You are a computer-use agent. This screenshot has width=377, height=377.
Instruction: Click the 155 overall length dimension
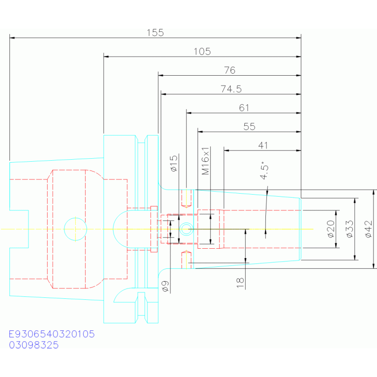[155, 33]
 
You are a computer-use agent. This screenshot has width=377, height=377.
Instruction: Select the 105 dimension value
[202, 52]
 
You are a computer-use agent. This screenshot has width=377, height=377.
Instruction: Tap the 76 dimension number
[230, 70]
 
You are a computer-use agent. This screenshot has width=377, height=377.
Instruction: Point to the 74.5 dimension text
[231, 89]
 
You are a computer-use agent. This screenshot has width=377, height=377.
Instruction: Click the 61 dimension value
[244, 108]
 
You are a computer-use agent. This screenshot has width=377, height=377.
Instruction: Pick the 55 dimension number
[249, 126]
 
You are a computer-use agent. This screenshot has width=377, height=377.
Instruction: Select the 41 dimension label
[263, 145]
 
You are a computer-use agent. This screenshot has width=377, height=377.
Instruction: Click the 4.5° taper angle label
[264, 171]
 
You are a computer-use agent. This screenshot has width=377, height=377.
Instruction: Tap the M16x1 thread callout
[205, 161]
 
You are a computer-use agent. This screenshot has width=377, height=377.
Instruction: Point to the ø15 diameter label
[174, 163]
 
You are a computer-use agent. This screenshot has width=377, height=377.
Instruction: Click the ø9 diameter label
[166, 286]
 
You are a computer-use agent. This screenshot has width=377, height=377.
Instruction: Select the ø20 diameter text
[331, 229]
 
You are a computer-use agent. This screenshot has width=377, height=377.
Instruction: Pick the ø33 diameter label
[350, 229]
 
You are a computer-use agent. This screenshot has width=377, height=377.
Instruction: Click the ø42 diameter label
[369, 229]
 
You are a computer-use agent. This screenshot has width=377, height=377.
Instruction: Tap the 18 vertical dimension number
[240, 283]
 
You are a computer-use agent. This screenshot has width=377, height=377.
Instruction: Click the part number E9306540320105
[52, 334]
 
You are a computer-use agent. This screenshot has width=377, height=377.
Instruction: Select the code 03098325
[33, 345]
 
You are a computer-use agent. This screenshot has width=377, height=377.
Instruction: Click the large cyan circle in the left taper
[76, 218]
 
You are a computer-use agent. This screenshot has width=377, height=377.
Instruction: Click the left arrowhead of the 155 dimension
[12, 38]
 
